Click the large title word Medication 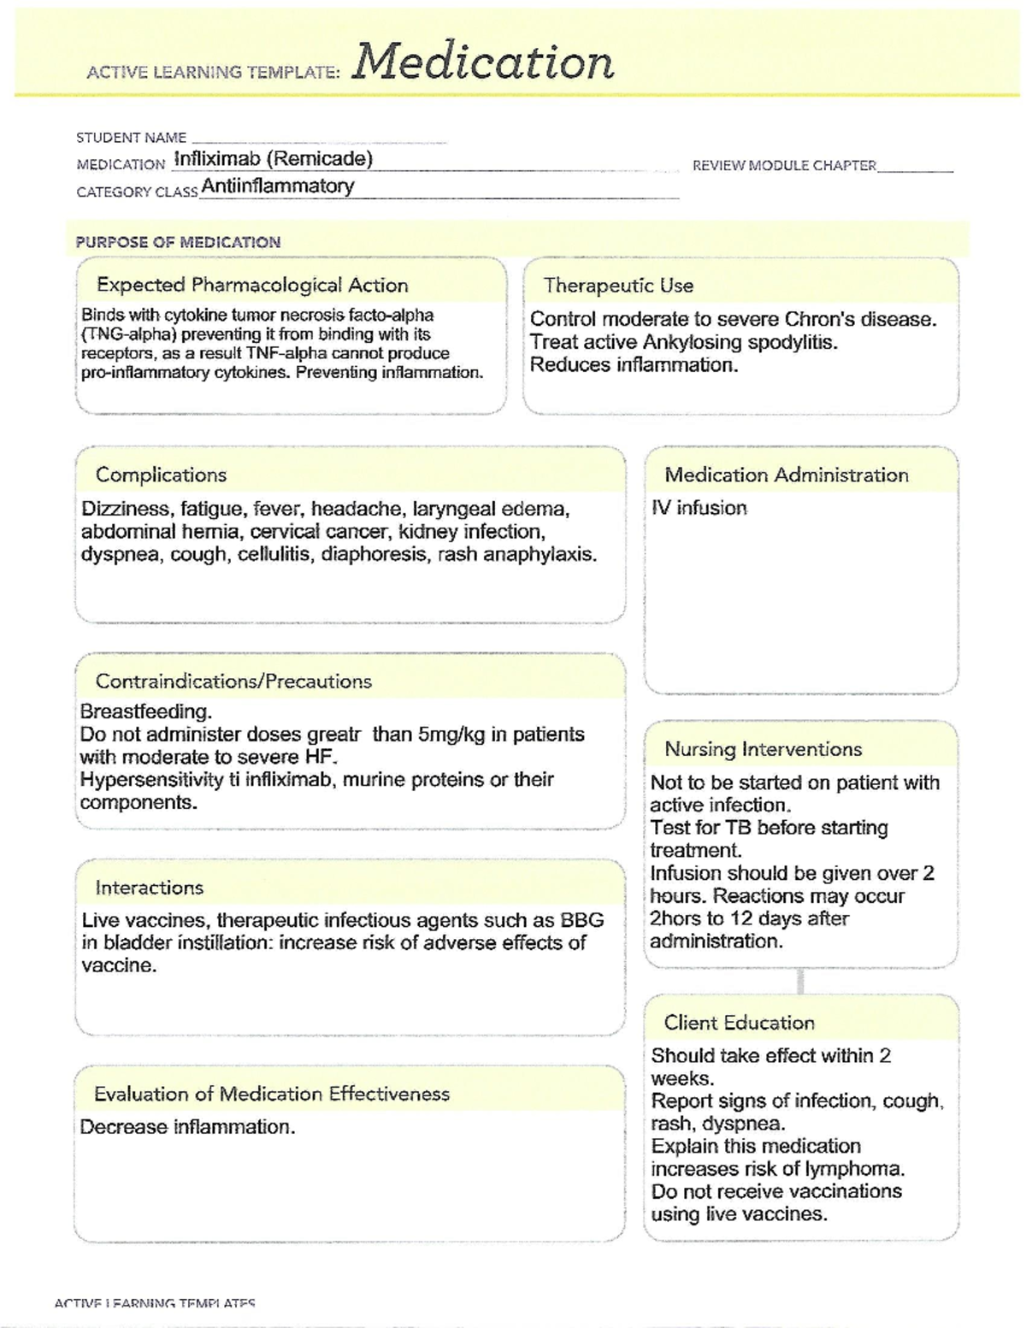[483, 62]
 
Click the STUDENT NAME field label [131, 138]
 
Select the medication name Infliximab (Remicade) [273, 159]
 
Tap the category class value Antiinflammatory [277, 186]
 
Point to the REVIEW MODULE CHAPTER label [784, 165]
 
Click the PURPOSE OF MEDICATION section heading [178, 242]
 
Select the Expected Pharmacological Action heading [252, 285]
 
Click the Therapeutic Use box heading [618, 286]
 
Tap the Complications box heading [161, 475]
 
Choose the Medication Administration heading [786, 475]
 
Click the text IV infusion [699, 508]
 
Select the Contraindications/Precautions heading [233, 682]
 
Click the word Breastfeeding [145, 711]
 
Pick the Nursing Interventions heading [763, 749]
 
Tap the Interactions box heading [149, 888]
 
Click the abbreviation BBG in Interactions [581, 920]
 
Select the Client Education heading [739, 1023]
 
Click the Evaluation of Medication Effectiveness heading [271, 1094]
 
